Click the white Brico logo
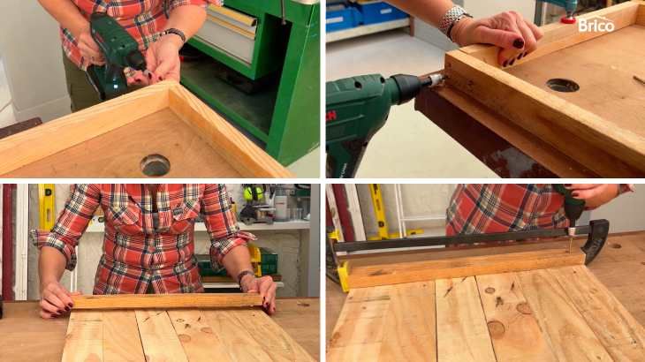pyautogui.click(x=596, y=25)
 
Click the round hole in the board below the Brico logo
pyautogui.click(x=562, y=85)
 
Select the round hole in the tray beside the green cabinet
pyautogui.click(x=156, y=165)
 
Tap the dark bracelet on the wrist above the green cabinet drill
pyautogui.click(x=176, y=34)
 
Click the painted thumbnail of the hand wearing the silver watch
pyautogui.click(x=519, y=43)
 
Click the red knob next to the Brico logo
pyautogui.click(x=568, y=19)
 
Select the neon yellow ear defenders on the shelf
pyautogui.click(x=254, y=192)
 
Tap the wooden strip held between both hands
pyautogui.click(x=168, y=301)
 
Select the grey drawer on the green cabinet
pyautogui.click(x=227, y=35)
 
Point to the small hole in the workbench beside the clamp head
pyautogui.click(x=615, y=245)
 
